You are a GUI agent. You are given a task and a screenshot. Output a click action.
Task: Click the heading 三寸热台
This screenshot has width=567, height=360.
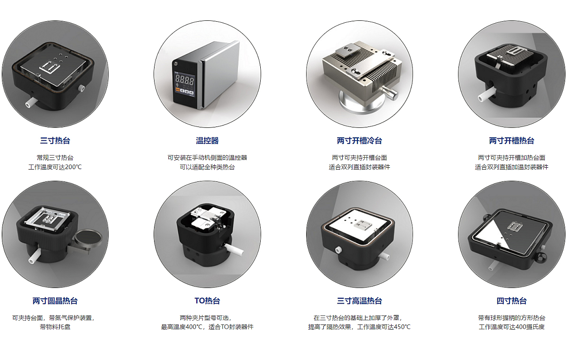pyautogui.click(x=55, y=141)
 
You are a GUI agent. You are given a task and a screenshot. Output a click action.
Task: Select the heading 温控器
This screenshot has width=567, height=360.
pyautogui.click(x=207, y=141)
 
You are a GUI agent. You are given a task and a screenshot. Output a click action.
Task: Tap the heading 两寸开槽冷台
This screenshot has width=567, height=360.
pyautogui.click(x=359, y=141)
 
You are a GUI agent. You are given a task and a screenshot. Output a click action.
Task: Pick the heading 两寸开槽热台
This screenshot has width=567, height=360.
pyautogui.click(x=512, y=141)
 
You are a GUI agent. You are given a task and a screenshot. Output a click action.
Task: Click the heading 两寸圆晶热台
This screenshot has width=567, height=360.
pyautogui.click(x=55, y=301)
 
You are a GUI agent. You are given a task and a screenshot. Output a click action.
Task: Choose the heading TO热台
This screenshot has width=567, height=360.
pyautogui.click(x=207, y=301)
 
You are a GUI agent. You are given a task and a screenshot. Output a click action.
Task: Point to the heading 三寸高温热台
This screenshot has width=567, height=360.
pyautogui.click(x=359, y=301)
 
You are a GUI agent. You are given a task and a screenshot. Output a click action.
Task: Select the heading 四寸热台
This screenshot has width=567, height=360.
pyautogui.click(x=512, y=301)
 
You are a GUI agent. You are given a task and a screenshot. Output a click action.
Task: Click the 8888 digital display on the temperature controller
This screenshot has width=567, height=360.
pyautogui.click(x=184, y=80)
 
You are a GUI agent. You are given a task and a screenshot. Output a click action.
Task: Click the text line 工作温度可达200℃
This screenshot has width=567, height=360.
pyautogui.click(x=55, y=167)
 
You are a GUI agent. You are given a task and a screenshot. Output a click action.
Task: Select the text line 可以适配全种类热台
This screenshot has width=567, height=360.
pyautogui.click(x=207, y=167)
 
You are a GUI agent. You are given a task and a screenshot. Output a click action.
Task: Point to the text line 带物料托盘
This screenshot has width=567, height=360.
pyautogui.click(x=55, y=327)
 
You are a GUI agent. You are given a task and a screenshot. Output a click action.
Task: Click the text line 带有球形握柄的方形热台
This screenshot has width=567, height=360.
pyautogui.click(x=512, y=318)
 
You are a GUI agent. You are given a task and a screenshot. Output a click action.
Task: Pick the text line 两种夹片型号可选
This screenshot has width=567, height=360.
pyautogui.click(x=205, y=318)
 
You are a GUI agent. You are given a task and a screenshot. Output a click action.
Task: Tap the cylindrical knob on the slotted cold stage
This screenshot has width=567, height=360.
pyautogui.click(x=390, y=92)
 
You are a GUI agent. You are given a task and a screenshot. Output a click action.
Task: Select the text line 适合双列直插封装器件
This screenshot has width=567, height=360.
pyautogui.click(x=359, y=167)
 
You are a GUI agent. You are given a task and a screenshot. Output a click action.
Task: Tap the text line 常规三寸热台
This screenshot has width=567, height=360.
pyautogui.click(x=55, y=158)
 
